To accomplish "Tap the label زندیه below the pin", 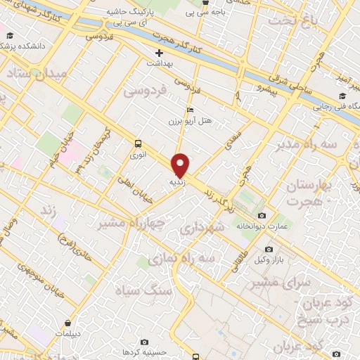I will [x=176, y=182].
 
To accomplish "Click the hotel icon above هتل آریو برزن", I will [x=190, y=110].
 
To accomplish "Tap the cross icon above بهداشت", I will [x=160, y=53].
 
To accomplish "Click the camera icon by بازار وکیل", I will [x=269, y=250].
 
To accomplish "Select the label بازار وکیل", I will [x=269, y=261].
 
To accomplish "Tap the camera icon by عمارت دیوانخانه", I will [x=262, y=215].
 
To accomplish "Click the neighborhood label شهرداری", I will [x=201, y=228].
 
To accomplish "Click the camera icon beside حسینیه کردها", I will [x=144, y=342].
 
